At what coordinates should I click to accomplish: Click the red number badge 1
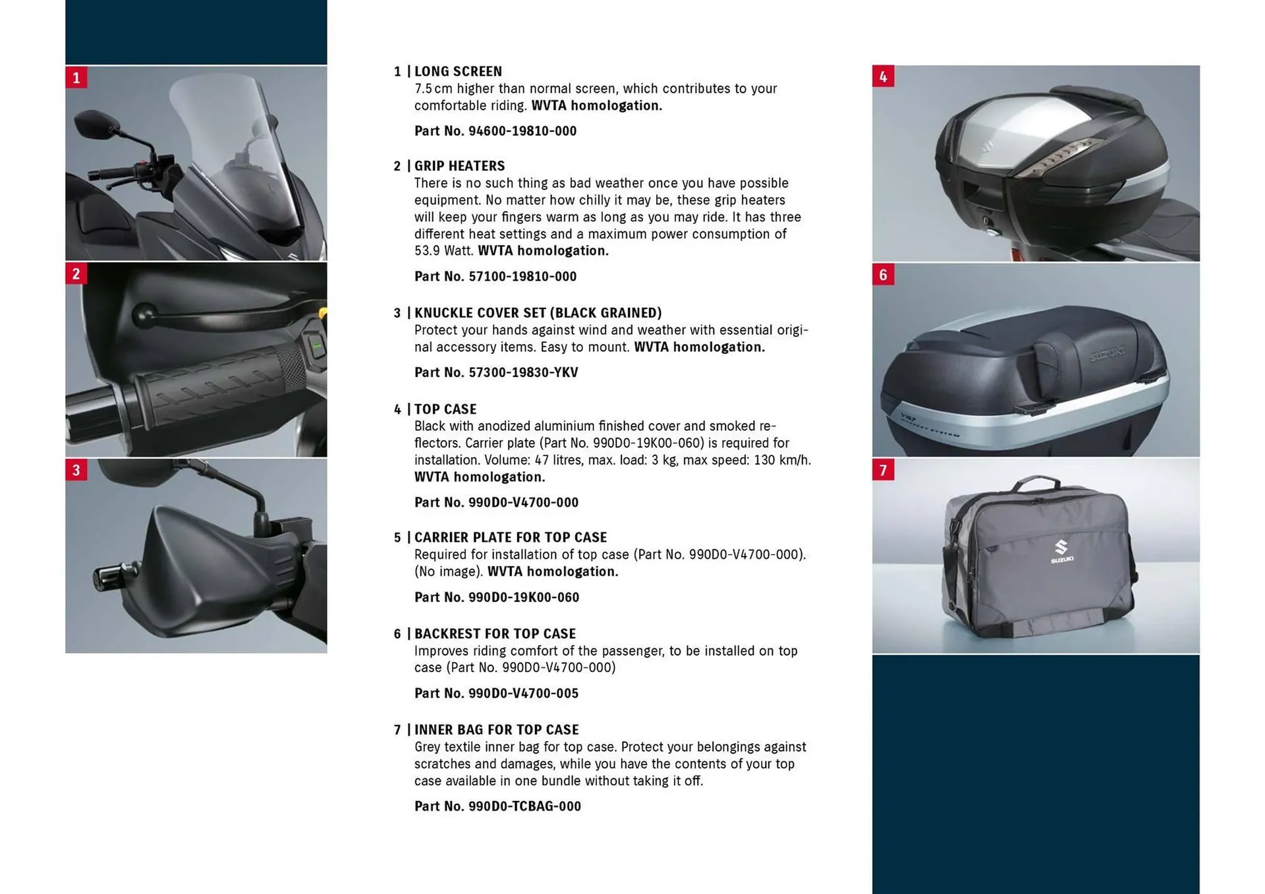point(76,78)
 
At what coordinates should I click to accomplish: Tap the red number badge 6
point(883,274)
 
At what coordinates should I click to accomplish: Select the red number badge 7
point(883,470)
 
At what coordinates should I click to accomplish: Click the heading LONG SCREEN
point(458,71)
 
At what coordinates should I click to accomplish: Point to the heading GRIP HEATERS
point(459,166)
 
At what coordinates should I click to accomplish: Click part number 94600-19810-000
point(522,131)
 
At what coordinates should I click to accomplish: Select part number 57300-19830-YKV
point(523,372)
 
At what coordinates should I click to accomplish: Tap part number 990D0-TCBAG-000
point(524,806)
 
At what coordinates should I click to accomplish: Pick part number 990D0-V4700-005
point(523,693)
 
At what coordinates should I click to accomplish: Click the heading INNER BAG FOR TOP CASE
point(497,730)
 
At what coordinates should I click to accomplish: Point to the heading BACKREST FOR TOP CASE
point(495,634)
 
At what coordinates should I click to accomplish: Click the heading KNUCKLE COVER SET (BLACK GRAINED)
point(538,313)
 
